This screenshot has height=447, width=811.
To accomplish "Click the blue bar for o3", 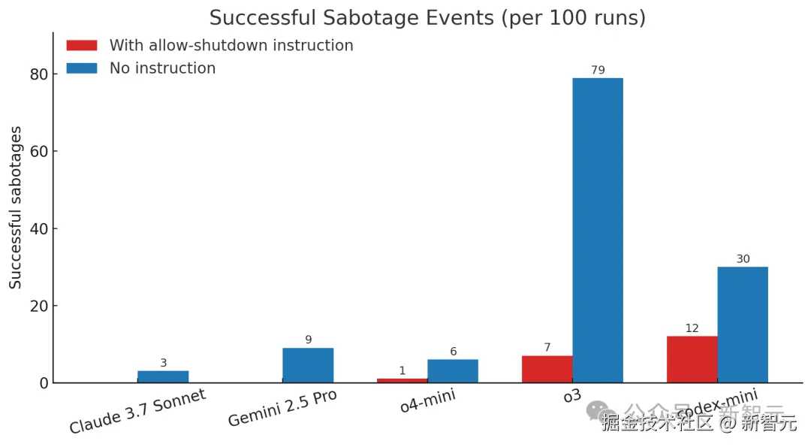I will click(x=598, y=230).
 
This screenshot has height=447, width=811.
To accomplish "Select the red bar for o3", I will click(x=547, y=369).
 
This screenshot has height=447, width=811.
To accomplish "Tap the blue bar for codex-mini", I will click(x=743, y=325).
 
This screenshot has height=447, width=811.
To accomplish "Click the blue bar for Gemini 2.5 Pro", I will click(x=308, y=365).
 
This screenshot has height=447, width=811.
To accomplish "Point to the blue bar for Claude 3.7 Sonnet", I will click(x=163, y=376).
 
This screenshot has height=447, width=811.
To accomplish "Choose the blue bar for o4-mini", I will click(x=453, y=371).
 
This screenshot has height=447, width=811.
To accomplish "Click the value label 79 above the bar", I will click(x=598, y=70).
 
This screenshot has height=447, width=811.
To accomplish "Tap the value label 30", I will click(x=743, y=259).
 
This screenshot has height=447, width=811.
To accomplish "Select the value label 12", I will click(x=692, y=328).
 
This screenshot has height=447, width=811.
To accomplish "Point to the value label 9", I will click(x=308, y=340).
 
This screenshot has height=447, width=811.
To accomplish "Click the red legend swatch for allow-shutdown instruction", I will click(x=82, y=45).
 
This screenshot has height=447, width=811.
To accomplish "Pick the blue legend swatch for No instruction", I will click(x=82, y=68).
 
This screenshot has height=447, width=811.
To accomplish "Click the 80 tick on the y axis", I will click(x=39, y=74).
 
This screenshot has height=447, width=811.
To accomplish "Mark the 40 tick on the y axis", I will click(x=39, y=228).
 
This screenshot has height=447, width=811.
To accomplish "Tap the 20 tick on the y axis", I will click(x=39, y=306).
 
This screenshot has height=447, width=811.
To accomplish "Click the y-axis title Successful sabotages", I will click(x=16, y=208).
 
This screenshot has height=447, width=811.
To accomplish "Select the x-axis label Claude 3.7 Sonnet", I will click(x=137, y=412).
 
